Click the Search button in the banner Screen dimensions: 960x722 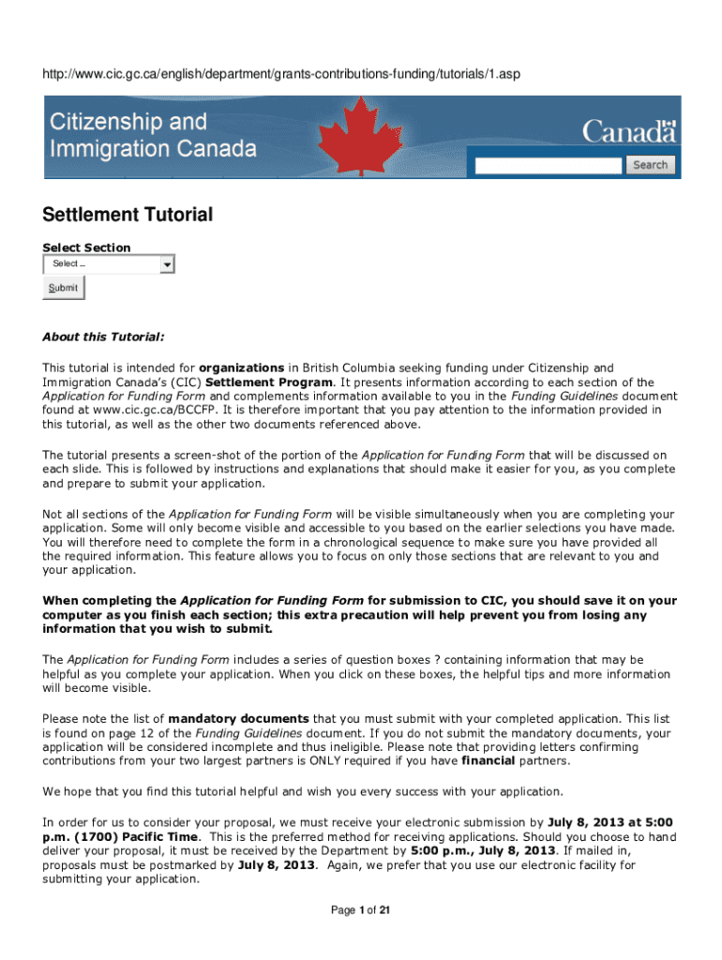[650, 165]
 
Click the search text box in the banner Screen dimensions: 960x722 [549, 166]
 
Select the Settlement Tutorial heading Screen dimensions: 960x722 [128, 215]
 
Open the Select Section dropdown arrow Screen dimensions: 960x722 [167, 264]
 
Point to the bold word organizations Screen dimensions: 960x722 [241, 368]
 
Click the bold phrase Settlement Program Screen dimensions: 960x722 [268, 382]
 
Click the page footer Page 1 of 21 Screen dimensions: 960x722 [361, 909]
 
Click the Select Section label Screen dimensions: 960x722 [86, 247]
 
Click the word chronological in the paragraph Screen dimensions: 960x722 [280, 542]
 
